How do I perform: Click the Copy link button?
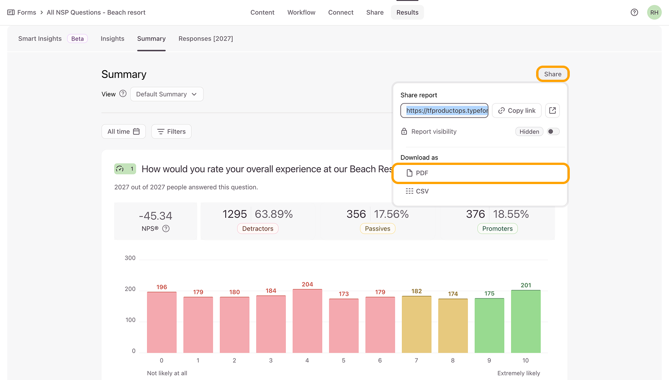pyautogui.click(x=517, y=111)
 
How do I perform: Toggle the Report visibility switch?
pyautogui.click(x=553, y=132)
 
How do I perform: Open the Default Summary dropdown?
pyautogui.click(x=167, y=94)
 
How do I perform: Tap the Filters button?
pyautogui.click(x=172, y=132)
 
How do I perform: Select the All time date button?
pyautogui.click(x=123, y=132)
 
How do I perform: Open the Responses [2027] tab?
pyautogui.click(x=206, y=39)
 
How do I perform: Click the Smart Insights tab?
pyautogui.click(x=40, y=39)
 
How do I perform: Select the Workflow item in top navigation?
pyautogui.click(x=301, y=12)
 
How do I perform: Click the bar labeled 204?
pyautogui.click(x=307, y=321)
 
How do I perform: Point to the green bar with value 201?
pyautogui.click(x=526, y=321)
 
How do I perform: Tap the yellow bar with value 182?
pyautogui.click(x=416, y=324)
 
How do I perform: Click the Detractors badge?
pyautogui.click(x=258, y=229)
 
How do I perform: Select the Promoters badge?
pyautogui.click(x=497, y=229)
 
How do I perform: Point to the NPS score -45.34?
pyautogui.click(x=156, y=216)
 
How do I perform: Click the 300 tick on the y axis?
pyautogui.click(x=130, y=258)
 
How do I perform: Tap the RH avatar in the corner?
pyautogui.click(x=654, y=12)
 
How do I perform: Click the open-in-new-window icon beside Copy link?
pyautogui.click(x=552, y=111)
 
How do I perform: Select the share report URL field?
pyautogui.click(x=444, y=111)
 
